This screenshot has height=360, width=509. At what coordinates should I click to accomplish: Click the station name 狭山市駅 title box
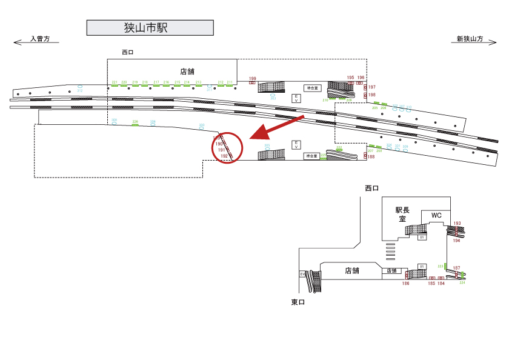pyautogui.click(x=150, y=28)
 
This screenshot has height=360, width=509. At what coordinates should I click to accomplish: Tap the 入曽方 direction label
pyautogui.click(x=44, y=39)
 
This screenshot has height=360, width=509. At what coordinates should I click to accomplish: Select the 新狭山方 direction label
pyautogui.click(x=470, y=39)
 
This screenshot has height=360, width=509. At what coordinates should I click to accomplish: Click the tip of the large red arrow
pyautogui.click(x=252, y=139)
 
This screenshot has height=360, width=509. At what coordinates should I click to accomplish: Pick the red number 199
pyautogui.click(x=253, y=79)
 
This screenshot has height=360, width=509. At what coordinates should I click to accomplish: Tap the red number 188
pyautogui.click(x=371, y=157)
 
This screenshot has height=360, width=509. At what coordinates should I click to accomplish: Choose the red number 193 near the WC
pyautogui.click(x=457, y=223)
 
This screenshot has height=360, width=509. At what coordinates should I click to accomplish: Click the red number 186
pyautogui.click(x=406, y=283)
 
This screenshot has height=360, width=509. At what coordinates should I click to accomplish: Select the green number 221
pyautogui.click(x=115, y=82)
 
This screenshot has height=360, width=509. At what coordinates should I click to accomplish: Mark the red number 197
pyautogui.click(x=372, y=87)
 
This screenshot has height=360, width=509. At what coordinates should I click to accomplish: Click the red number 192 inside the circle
pyautogui.click(x=224, y=156)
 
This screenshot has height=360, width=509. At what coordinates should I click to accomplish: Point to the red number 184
pyautogui.click(x=441, y=283)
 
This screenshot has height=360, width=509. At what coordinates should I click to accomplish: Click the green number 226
pyautogui.click(x=135, y=121)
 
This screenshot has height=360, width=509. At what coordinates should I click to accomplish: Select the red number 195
pyautogui.click(x=350, y=77)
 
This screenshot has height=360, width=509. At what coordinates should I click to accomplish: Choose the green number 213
pyautogui.click(x=198, y=82)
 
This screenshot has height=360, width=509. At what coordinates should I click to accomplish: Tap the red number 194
pyautogui.click(x=457, y=241)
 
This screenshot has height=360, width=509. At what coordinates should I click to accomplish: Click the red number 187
pyautogui.click(x=457, y=267)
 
